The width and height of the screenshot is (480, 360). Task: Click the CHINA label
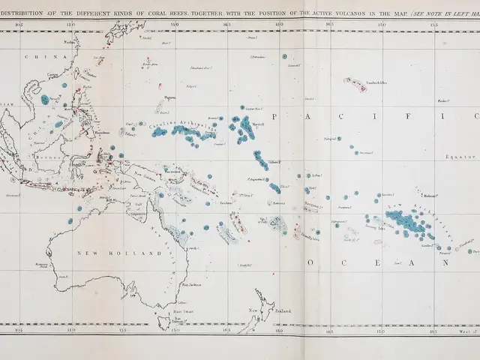(35, 57)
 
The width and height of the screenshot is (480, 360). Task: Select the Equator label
(457, 157)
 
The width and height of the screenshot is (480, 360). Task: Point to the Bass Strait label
(178, 311)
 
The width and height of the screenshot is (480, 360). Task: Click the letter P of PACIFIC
(275, 116)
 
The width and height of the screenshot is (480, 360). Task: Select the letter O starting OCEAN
(310, 263)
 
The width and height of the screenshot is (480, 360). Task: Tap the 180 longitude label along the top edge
(278, 24)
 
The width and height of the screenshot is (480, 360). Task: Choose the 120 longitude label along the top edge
(70, 24)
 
